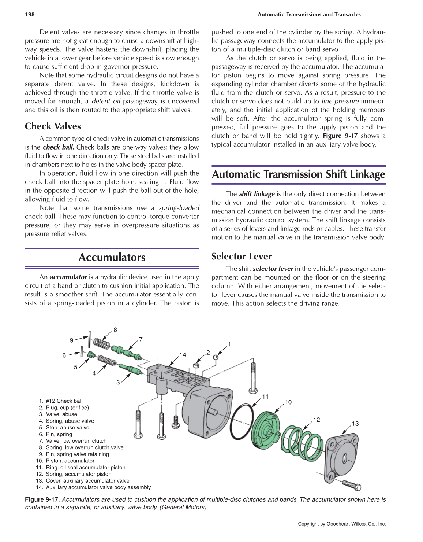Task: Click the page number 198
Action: pos(30,15)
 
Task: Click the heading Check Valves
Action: pos(53,126)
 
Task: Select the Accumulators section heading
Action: pos(112,257)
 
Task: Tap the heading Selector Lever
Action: pos(242,256)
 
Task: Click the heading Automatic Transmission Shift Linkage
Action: pos(298,174)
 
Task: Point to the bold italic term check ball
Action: pos(58,147)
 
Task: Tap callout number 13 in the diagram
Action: pos(355,424)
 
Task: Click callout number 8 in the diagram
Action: pos(115,330)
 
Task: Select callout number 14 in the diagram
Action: pos(183,355)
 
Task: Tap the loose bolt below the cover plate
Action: pos(352,485)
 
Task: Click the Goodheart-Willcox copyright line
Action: pos(341,524)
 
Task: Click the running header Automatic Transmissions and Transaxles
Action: pos(309,15)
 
